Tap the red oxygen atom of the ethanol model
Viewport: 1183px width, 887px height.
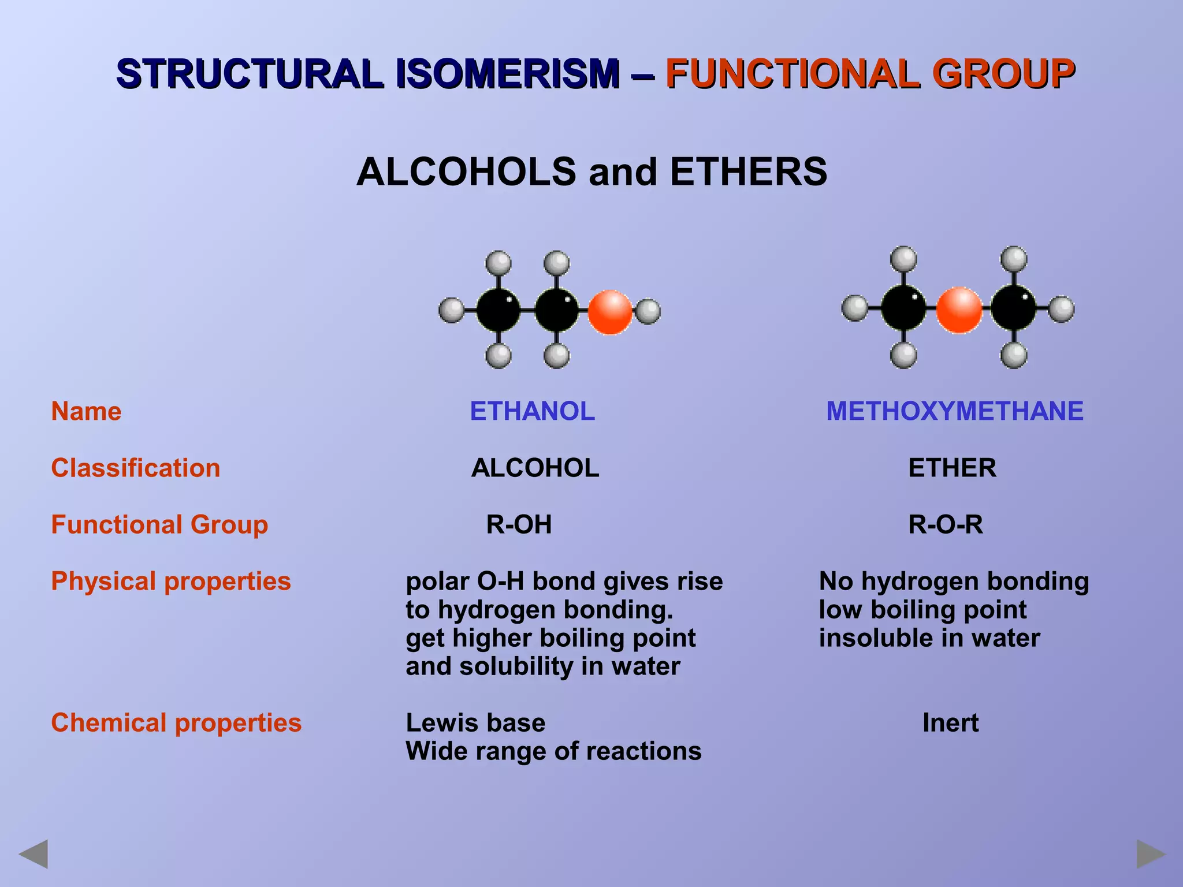pyautogui.click(x=610, y=312)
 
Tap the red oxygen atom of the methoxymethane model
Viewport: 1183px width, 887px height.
pyautogui.click(x=959, y=310)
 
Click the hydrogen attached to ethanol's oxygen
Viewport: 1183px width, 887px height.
pyautogui.click(x=648, y=312)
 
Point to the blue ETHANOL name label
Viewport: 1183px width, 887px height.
pyautogui.click(x=532, y=411)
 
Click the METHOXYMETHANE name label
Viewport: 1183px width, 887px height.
pyautogui.click(x=954, y=411)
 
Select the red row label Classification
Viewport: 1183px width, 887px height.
pyautogui.click(x=136, y=468)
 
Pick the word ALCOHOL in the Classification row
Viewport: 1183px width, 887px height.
pyautogui.click(x=535, y=468)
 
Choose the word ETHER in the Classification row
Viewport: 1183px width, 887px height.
pyautogui.click(x=952, y=468)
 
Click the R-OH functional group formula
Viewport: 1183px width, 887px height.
pyautogui.click(x=519, y=524)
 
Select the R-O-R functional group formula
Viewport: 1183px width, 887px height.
pyautogui.click(x=945, y=524)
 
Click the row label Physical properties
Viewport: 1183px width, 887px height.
pyautogui.click(x=171, y=581)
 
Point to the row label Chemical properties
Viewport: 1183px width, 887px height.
pyautogui.click(x=176, y=722)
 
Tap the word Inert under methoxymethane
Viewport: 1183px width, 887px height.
pyautogui.click(x=950, y=722)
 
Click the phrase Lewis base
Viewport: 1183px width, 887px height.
pyautogui.click(x=475, y=722)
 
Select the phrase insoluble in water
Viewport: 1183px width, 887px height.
pyautogui.click(x=929, y=638)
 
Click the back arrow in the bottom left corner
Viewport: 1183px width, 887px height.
pyautogui.click(x=34, y=854)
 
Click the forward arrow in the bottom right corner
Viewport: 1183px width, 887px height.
pyautogui.click(x=1150, y=854)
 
